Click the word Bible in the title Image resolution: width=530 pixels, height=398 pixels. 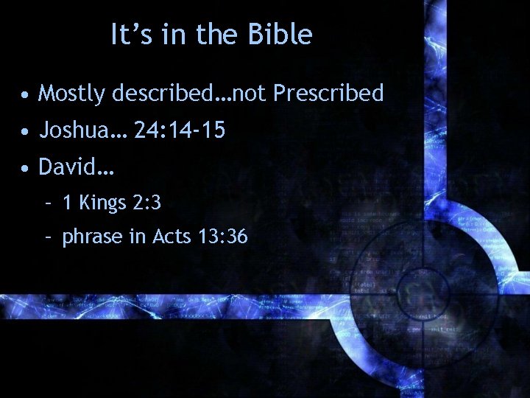click(x=283, y=35)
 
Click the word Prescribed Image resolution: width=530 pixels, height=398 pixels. click(x=328, y=94)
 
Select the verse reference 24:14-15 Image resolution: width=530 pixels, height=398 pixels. click(x=180, y=130)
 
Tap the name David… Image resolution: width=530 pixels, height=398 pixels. click(x=76, y=167)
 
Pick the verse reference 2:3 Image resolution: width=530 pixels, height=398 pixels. click(x=147, y=203)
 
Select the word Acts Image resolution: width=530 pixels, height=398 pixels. click(x=170, y=237)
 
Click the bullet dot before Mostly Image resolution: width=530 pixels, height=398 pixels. click(x=26, y=95)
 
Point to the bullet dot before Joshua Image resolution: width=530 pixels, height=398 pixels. click(x=26, y=132)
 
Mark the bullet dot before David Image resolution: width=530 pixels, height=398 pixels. click(x=26, y=169)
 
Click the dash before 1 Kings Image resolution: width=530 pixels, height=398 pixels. click(x=48, y=203)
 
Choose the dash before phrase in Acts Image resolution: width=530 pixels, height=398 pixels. click(x=48, y=237)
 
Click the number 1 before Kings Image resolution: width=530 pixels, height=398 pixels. click(x=67, y=203)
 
